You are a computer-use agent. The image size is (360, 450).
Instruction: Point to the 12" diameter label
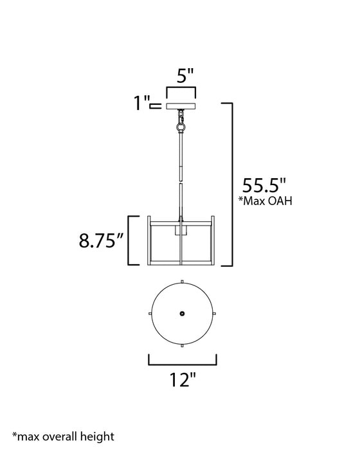tap(183, 380)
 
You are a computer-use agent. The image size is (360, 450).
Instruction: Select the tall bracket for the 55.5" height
tap(229, 183)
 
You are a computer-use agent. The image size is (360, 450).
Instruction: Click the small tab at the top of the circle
tap(183, 281)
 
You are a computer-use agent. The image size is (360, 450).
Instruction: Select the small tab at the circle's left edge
tap(150, 313)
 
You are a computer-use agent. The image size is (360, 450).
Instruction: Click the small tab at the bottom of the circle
tap(183, 346)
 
